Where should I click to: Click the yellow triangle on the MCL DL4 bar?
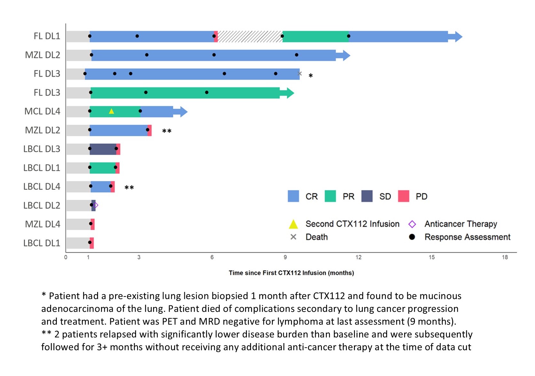tap(111, 111)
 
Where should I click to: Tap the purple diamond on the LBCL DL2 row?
tap(96, 205)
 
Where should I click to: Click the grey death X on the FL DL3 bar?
tap(300, 74)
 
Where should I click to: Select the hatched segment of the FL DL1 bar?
tap(250, 36)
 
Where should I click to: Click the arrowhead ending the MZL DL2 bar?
tap(346, 55)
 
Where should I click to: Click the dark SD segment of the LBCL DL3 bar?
tap(103, 149)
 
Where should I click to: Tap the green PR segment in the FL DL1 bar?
tap(316, 36)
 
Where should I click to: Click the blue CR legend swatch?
tap(293, 196)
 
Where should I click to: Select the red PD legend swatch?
tap(403, 196)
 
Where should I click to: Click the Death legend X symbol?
tap(293, 237)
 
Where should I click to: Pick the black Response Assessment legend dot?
tap(412, 237)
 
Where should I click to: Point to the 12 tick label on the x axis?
tap(358, 257)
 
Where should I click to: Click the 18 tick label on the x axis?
tap(505, 257)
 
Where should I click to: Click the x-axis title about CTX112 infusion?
tap(291, 273)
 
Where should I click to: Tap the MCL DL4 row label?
tap(42, 111)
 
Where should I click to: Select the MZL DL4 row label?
tap(42, 224)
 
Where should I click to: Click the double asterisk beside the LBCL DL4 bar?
tap(129, 188)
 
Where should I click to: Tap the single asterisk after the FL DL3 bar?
tap(310, 76)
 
